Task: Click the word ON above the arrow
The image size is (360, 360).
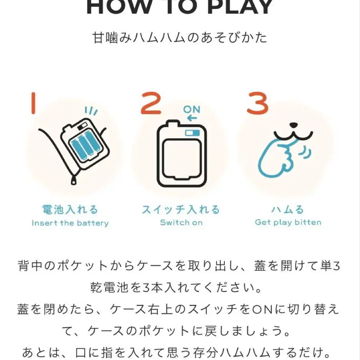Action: (x=192, y=110)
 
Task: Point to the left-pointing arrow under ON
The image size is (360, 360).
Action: (x=192, y=118)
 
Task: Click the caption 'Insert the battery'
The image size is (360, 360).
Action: (x=70, y=223)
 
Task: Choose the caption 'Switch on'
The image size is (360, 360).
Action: (x=181, y=222)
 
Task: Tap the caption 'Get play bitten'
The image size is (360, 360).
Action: (x=288, y=222)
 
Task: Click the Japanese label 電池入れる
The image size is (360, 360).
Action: (x=70, y=209)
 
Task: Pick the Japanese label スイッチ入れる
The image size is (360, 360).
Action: (x=181, y=209)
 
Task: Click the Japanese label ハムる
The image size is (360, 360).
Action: (x=288, y=209)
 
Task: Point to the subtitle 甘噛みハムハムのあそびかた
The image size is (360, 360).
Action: (x=180, y=38)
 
